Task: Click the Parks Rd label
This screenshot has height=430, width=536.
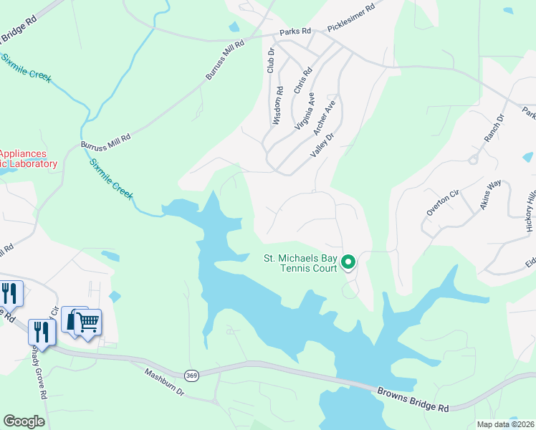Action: coord(296,31)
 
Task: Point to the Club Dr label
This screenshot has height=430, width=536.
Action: coord(271,60)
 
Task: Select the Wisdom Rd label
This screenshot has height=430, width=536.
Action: coord(278,106)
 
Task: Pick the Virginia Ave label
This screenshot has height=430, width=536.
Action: coord(305,109)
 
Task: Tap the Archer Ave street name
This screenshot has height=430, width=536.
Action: coord(324,115)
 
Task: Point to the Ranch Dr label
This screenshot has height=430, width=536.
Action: coord(494,128)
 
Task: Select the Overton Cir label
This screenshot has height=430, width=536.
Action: coord(441,202)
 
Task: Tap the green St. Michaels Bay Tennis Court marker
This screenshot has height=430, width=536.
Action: coord(348,262)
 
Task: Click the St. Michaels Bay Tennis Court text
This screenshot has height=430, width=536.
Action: coord(300,263)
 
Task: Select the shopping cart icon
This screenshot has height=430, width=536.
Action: coord(87,322)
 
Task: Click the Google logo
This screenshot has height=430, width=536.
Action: coord(24,421)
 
